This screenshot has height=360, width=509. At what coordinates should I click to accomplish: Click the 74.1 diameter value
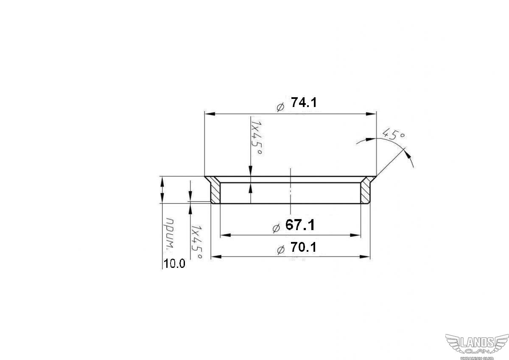(x=304, y=102)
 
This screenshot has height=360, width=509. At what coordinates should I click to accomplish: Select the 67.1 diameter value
(x=300, y=225)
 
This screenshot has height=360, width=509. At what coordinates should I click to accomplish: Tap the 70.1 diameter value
(x=303, y=247)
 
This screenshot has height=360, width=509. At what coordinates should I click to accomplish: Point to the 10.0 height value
(x=174, y=264)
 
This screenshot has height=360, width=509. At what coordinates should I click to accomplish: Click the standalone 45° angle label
(x=393, y=134)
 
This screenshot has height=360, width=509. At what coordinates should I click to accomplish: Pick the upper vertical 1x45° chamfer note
(x=257, y=138)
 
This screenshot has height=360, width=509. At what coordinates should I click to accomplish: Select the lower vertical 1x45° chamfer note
(x=196, y=242)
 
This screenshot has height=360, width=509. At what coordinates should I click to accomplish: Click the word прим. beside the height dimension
(x=171, y=234)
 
